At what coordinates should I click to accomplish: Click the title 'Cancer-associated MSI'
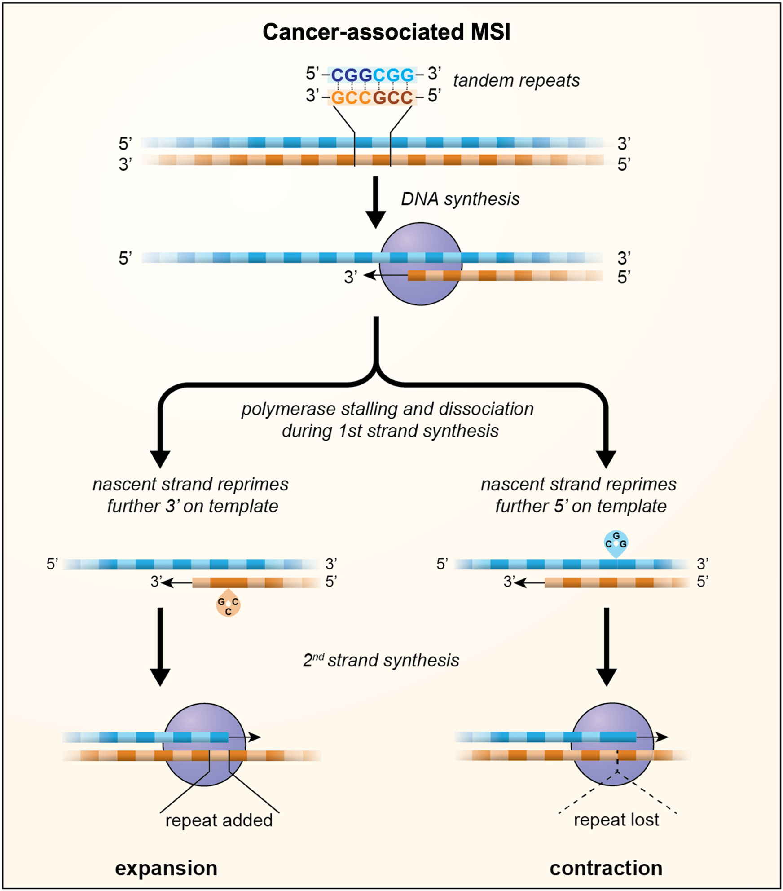pos(386,32)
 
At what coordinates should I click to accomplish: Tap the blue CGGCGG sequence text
pos(372,75)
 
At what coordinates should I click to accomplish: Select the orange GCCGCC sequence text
pos(372,97)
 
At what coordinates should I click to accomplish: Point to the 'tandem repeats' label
pos(516,81)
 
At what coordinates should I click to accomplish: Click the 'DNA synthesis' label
pos(460,199)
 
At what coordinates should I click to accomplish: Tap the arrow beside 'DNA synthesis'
pos(376,202)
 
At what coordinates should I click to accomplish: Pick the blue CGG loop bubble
pos(616,542)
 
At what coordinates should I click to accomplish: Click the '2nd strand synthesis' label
pos(381,660)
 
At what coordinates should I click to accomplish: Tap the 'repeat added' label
pos(219,820)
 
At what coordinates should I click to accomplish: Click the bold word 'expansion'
pos(166,868)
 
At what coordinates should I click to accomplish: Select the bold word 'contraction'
pos(606,868)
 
